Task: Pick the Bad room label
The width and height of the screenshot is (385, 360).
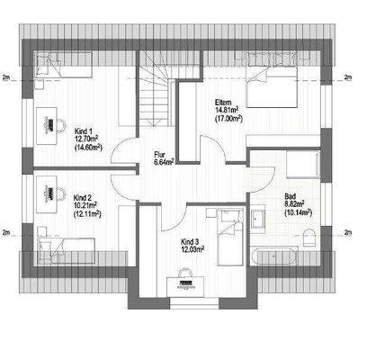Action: [290, 195]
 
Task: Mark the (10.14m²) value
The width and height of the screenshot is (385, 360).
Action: [297, 213]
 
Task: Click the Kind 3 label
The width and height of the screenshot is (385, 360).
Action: [189, 241]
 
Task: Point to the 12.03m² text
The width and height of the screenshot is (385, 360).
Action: [192, 249]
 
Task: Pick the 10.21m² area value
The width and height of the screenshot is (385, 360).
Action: [87, 205]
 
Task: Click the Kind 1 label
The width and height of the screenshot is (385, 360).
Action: [84, 131]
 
